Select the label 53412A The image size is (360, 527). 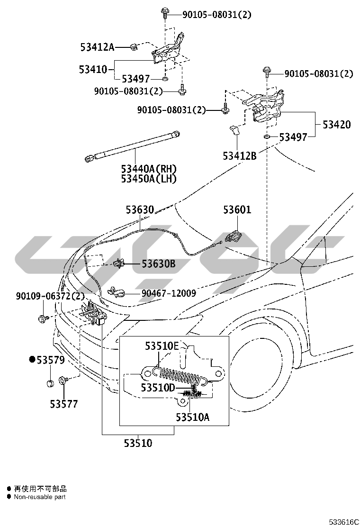pos(97,47)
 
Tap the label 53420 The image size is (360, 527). pos(336,125)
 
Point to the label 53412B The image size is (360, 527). pos(240,155)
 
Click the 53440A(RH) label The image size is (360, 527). pos(148,169)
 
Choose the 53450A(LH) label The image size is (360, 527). pos(148,179)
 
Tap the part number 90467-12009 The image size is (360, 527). pos(168,293)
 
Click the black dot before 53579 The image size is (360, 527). pos(32,360)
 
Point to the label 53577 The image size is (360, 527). pos(64,404)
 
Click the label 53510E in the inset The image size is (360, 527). pos(162,346)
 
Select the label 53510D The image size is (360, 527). pos(158,388)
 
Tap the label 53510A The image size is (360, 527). pos(192,417)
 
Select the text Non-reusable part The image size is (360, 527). pos(40,497)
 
